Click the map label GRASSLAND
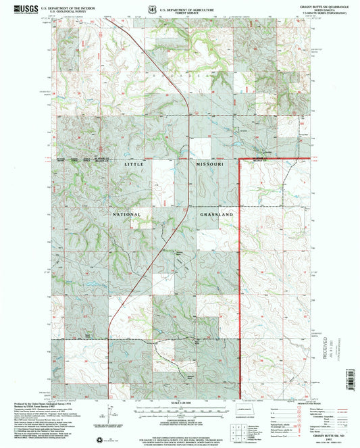tap(216, 214)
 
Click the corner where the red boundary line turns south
tap(241, 160)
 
